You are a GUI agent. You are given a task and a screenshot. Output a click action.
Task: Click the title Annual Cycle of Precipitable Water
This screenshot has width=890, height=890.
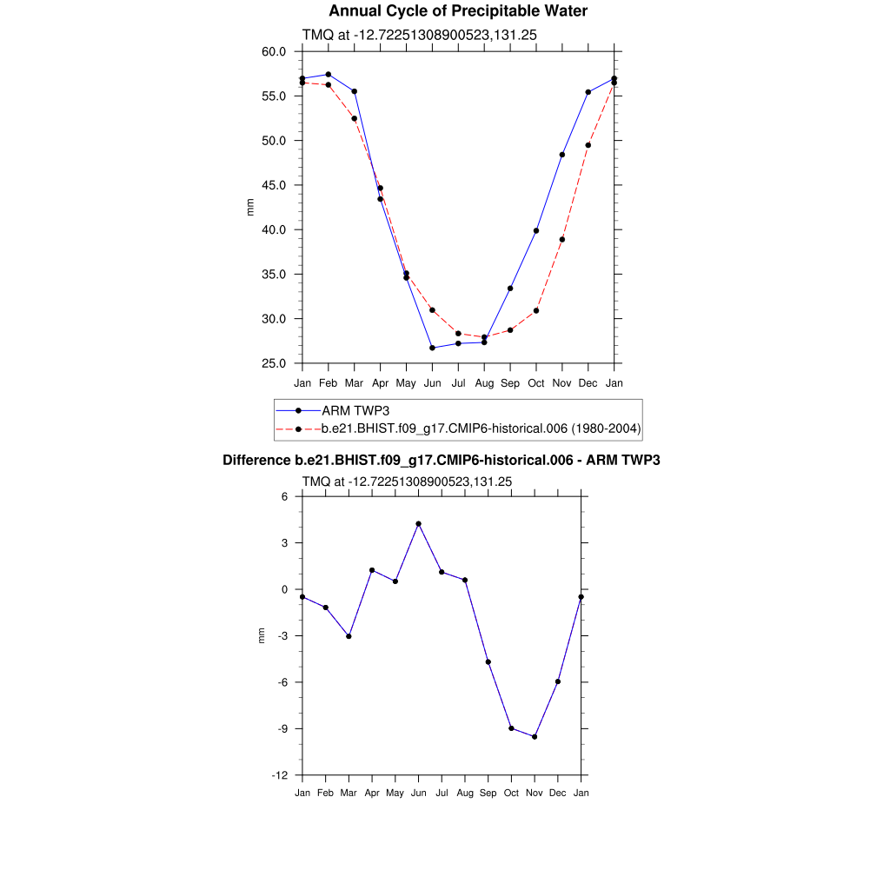458,11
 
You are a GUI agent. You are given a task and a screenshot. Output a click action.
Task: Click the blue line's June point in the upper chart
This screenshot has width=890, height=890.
432,348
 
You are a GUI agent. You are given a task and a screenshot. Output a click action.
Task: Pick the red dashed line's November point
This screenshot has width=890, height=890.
562,239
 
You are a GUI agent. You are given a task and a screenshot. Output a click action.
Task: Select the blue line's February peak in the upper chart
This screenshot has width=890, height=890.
328,75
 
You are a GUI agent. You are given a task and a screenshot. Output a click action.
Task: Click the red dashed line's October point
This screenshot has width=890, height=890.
536,310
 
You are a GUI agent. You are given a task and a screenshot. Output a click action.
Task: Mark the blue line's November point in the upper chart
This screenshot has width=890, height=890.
562,155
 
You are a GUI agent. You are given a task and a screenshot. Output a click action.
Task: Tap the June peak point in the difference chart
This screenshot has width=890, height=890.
418,524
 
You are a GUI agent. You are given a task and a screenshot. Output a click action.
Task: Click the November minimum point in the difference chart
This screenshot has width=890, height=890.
535,737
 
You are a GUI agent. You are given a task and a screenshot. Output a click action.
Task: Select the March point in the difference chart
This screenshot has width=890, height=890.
349,636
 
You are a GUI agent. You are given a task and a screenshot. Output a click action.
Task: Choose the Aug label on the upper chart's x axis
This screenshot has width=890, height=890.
484,383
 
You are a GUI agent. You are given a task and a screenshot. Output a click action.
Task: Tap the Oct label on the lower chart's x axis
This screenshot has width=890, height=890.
511,793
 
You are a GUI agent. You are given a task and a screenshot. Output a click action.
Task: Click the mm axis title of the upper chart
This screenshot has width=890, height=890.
251,207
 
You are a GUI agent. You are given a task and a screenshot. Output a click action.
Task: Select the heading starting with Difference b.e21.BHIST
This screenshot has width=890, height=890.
441,460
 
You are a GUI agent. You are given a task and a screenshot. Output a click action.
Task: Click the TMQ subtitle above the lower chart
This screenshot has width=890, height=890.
406,482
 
